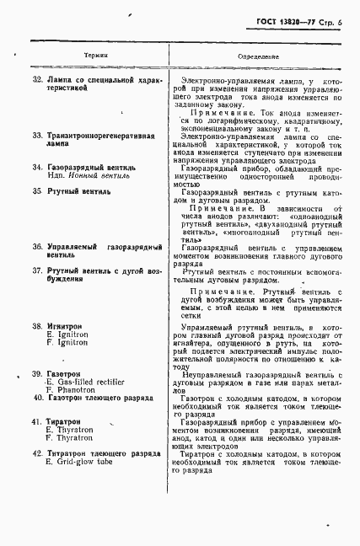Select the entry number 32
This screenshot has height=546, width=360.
pyautogui.click(x=37, y=78)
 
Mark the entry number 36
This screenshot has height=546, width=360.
pyautogui.click(x=37, y=246)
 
